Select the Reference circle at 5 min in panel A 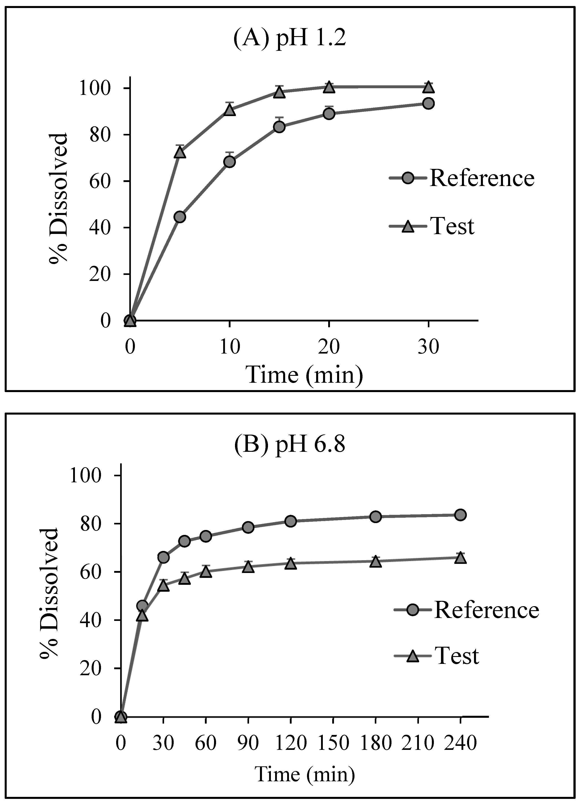(180, 217)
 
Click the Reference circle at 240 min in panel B (460, 515)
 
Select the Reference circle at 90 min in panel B (248, 527)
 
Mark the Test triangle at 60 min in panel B (206, 572)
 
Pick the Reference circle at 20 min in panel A (329, 114)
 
